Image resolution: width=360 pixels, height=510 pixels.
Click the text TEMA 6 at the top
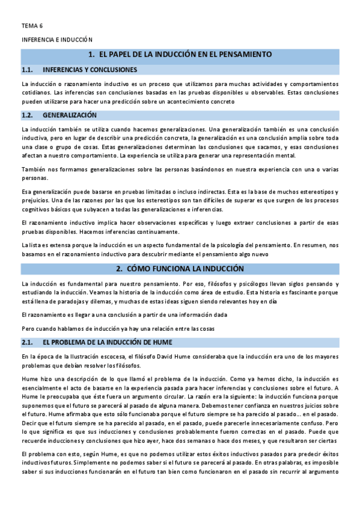(32, 26)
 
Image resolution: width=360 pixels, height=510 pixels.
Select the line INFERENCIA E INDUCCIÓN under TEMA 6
(56, 39)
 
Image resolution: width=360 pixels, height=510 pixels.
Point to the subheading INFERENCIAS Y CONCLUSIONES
(90, 70)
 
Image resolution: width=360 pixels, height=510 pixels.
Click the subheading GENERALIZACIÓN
(69, 115)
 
